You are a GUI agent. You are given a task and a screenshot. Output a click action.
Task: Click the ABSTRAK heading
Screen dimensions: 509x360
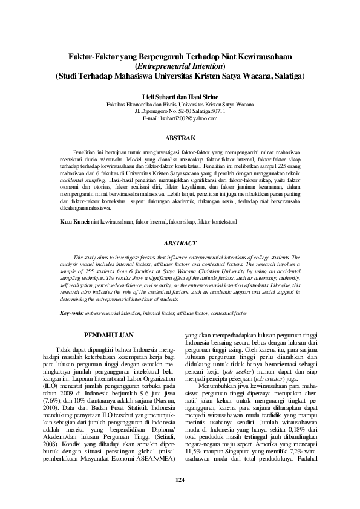[180, 138]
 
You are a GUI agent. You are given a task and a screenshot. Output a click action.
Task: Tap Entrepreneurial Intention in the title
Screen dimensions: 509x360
[180, 66]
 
